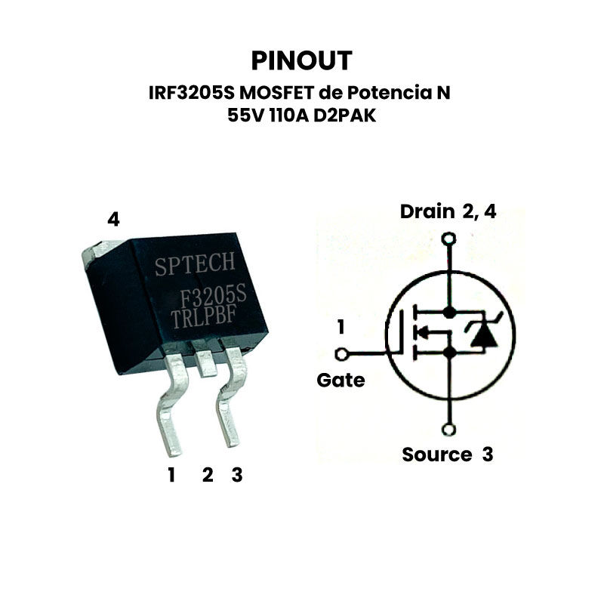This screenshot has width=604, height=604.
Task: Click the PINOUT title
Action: coord(301,60)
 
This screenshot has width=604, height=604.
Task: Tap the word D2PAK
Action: coord(345,118)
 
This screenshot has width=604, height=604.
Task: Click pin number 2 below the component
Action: coord(208,475)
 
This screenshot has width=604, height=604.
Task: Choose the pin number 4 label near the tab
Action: coord(113,220)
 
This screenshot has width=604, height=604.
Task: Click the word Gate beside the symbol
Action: coord(340,381)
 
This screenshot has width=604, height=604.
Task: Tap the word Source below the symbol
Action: coord(436,455)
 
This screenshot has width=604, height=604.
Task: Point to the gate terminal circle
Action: coord(341,353)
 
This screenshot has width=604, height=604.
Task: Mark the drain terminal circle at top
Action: coord(450,241)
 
